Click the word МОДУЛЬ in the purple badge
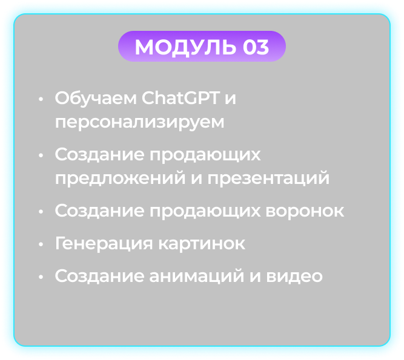coord(185,47)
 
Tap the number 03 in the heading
coord(256,47)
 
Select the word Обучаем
coord(96,98)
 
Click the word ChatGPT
coord(181,98)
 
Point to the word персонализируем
coord(140,122)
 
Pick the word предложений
coord(120,178)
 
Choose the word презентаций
coord(268,178)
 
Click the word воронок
coord(305,211)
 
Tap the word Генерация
coord(104,243)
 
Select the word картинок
coord(202,244)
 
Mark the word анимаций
coord(197,276)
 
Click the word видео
coord(294,276)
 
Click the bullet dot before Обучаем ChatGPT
coord(41,99)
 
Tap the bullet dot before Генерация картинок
coord(41,244)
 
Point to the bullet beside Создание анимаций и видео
coord(41,277)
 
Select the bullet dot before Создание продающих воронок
coord(41,212)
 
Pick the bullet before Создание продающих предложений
coord(41,155)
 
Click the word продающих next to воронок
coord(205,212)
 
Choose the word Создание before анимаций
coord(99,276)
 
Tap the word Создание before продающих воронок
coord(99,211)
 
